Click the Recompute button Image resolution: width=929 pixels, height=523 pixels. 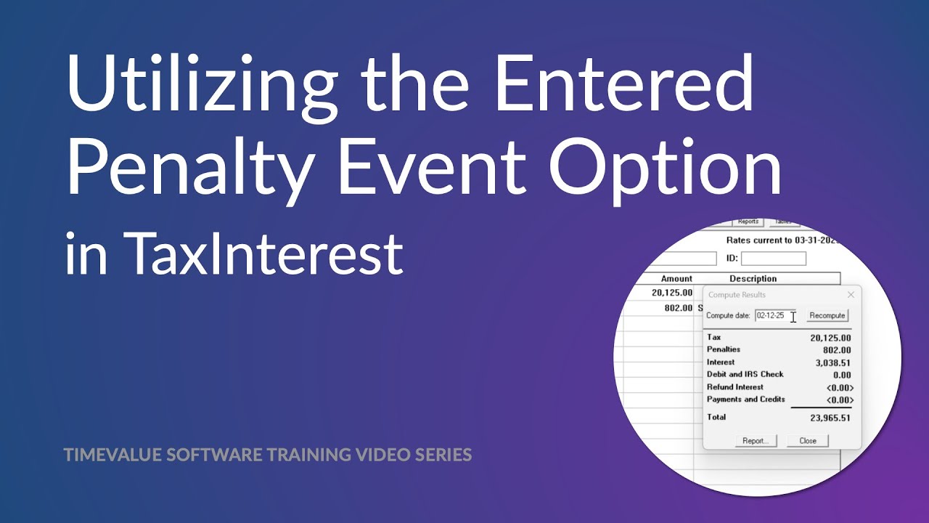point(827,316)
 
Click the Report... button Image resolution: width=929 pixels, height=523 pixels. point(755,441)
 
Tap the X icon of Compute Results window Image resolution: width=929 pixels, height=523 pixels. point(851,295)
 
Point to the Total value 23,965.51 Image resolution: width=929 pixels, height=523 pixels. point(830,418)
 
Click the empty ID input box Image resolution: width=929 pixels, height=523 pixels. point(773,259)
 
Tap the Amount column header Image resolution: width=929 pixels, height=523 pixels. point(676,279)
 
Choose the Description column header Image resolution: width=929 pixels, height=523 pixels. point(753,279)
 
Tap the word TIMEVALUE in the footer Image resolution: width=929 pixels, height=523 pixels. point(112,455)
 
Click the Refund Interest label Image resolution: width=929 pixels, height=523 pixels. point(734,387)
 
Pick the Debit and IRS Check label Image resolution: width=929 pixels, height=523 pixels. point(745,375)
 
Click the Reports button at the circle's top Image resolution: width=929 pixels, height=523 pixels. point(748,222)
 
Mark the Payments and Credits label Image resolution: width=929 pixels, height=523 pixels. point(745,400)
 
